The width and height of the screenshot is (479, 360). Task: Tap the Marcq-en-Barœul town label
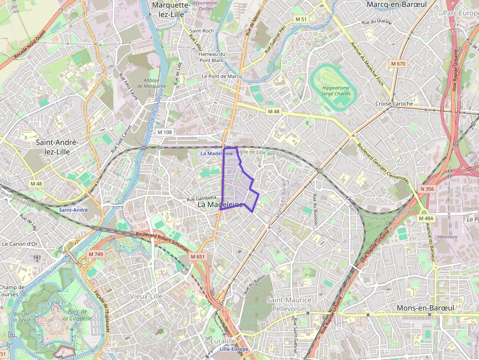click(396, 4)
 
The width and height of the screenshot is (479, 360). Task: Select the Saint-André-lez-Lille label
click(57, 147)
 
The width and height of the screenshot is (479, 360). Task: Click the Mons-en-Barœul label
click(425, 308)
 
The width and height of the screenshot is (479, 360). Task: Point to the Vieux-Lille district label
click(147, 296)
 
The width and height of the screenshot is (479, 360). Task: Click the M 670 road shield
click(398, 64)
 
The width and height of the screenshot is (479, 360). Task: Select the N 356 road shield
click(427, 189)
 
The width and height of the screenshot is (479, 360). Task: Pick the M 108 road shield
click(165, 132)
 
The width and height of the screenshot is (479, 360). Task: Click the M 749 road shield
click(96, 254)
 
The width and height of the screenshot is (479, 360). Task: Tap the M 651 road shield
click(197, 256)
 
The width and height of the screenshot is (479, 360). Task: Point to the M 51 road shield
click(301, 19)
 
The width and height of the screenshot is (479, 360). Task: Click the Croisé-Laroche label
click(394, 104)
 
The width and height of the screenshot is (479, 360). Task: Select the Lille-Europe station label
click(234, 349)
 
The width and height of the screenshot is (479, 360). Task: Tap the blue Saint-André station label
click(73, 210)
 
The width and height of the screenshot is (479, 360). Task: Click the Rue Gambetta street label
click(202, 199)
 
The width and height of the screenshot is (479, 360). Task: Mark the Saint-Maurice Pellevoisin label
click(289, 305)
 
